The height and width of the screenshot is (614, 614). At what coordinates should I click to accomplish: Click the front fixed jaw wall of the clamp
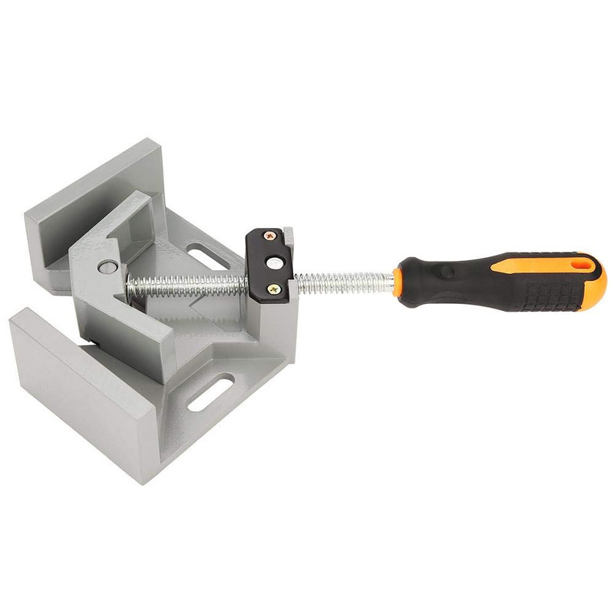pyautogui.click(x=77, y=384)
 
